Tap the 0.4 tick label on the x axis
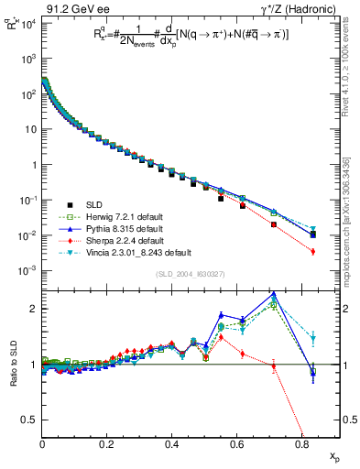pos(171,442)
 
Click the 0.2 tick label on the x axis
pos(107,442)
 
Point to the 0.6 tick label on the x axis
pos(236,442)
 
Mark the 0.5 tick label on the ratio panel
pos(30,420)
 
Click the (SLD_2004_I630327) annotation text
pos(182,274)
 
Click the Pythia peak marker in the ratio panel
pos(275,294)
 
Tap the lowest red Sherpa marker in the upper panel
pos(313,251)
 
